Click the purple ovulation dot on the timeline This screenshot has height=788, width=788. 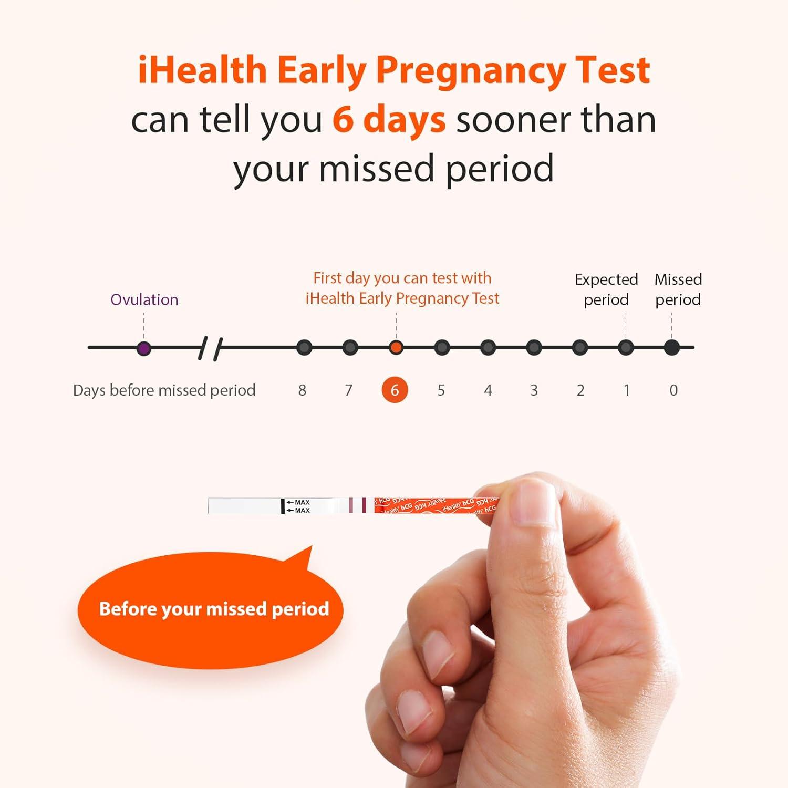144,348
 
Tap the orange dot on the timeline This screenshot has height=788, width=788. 396,348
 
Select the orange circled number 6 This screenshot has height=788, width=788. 395,390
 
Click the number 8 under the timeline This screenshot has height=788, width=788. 302,390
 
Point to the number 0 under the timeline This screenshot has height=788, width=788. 673,390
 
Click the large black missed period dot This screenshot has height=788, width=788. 672,348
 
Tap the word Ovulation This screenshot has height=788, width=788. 144,299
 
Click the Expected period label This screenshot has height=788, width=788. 606,289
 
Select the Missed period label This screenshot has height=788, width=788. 678,289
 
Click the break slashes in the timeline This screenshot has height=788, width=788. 210,348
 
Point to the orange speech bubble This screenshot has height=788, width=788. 210,609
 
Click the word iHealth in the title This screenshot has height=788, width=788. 202,70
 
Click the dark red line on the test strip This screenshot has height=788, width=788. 364,505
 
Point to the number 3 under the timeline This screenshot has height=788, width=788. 534,390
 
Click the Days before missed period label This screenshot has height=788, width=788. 164,390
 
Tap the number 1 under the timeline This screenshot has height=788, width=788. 626,390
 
